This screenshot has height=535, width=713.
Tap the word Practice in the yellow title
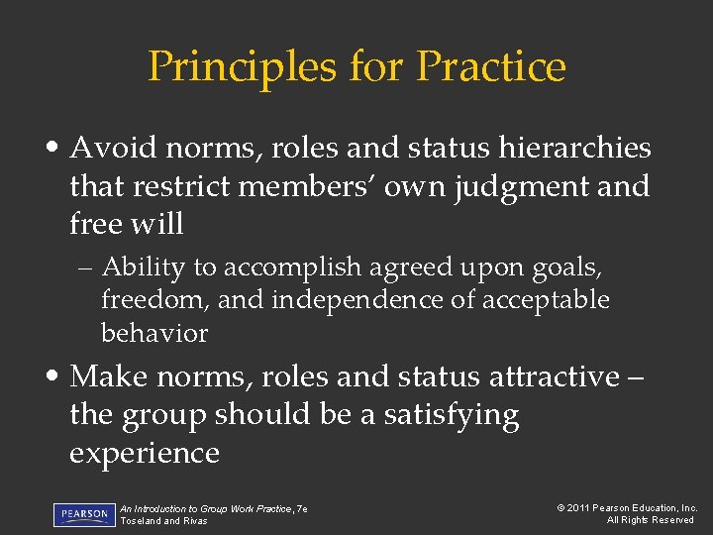[x=491, y=66]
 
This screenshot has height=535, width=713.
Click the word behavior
[x=154, y=333]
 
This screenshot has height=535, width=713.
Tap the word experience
[x=144, y=453]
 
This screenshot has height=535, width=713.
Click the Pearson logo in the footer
[x=84, y=514]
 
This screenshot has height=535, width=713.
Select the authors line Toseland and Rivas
[x=163, y=521]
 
